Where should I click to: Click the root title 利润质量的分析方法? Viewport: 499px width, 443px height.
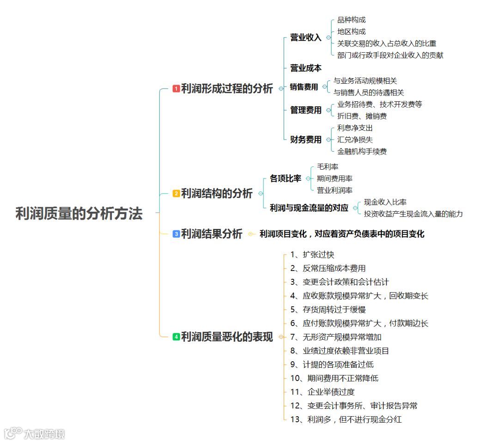point(79,214)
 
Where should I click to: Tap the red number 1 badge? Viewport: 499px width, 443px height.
point(176,88)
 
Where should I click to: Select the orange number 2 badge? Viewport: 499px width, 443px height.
point(176,194)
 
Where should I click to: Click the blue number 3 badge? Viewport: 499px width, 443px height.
point(176,234)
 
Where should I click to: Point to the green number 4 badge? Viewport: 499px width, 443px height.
point(176,337)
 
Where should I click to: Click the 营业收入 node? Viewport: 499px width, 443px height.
point(305,38)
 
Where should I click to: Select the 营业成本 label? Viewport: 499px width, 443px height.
point(305,68)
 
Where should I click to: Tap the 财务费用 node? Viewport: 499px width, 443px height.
point(305,140)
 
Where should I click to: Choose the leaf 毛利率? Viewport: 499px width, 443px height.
point(327,166)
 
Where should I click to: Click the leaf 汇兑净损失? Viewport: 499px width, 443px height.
point(355,140)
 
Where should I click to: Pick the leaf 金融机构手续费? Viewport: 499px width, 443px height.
point(362,151)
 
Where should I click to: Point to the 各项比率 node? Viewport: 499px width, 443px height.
point(285,178)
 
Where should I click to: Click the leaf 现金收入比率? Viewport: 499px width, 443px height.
point(385,202)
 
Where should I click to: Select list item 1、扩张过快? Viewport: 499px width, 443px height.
point(312,254)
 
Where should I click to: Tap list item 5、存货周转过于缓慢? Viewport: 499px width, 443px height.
point(328,309)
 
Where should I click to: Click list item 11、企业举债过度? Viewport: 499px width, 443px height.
point(323,392)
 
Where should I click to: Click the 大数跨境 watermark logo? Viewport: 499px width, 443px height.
point(35,433)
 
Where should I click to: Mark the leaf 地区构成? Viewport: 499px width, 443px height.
point(351,31)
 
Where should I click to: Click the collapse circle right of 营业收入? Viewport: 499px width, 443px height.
point(329,38)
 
